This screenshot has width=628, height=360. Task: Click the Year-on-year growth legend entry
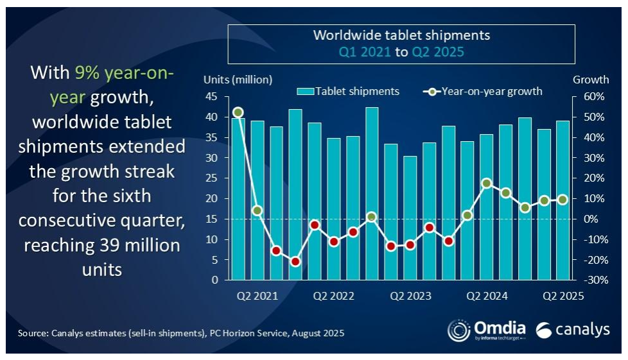click(482, 91)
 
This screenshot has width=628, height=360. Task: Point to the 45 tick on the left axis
click(212, 97)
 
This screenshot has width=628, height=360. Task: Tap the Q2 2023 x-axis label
click(411, 296)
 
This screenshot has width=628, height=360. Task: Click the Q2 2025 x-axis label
click(563, 296)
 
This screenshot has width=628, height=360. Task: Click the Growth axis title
click(591, 80)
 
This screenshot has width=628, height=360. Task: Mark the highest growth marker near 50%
click(238, 112)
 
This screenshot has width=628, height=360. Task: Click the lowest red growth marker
click(295, 261)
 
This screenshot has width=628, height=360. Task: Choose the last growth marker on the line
click(563, 200)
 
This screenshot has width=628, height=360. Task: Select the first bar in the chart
click(238, 199)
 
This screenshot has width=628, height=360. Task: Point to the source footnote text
click(182, 333)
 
